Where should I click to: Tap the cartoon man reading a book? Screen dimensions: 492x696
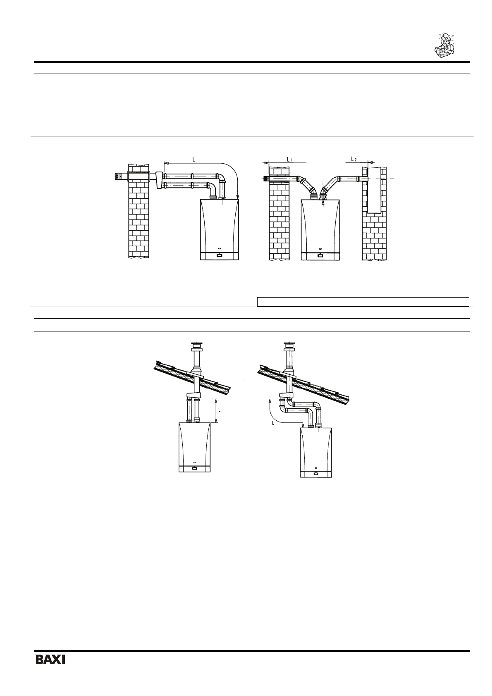[x=443, y=45]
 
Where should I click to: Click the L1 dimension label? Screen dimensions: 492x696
[x=289, y=160]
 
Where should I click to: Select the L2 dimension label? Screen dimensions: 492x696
[x=353, y=159]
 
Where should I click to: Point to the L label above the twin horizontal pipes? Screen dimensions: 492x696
[x=193, y=160]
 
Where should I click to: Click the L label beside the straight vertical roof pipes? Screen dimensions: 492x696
[x=220, y=410]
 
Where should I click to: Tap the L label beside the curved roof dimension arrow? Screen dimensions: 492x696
[x=273, y=423]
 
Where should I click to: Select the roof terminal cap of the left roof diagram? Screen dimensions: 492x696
[x=196, y=346]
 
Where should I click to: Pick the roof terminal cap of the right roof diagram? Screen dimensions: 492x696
[x=289, y=346]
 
